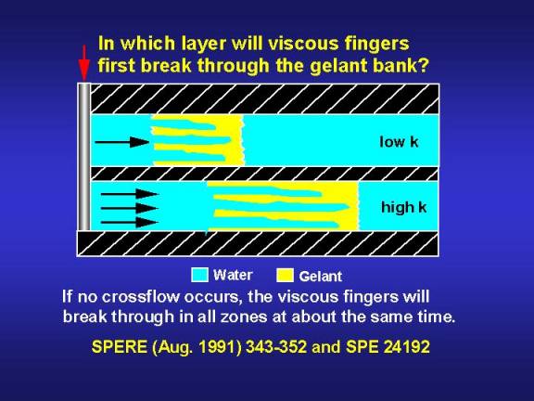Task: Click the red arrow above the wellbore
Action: [x=83, y=63]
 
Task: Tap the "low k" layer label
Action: [x=399, y=141]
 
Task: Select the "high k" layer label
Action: [x=403, y=207]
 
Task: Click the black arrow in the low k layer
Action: [x=122, y=142]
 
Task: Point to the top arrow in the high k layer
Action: [x=130, y=194]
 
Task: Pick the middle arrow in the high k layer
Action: [x=130, y=208]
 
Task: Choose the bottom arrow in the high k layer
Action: [x=130, y=223]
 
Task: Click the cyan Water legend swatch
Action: [x=199, y=275]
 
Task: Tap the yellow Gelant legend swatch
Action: [x=285, y=275]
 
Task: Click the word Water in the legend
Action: [x=233, y=275]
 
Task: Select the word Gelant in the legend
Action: [x=320, y=277]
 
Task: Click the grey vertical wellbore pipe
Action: [x=84, y=157]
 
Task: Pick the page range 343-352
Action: [x=276, y=347]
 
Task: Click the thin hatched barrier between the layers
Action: [x=264, y=174]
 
